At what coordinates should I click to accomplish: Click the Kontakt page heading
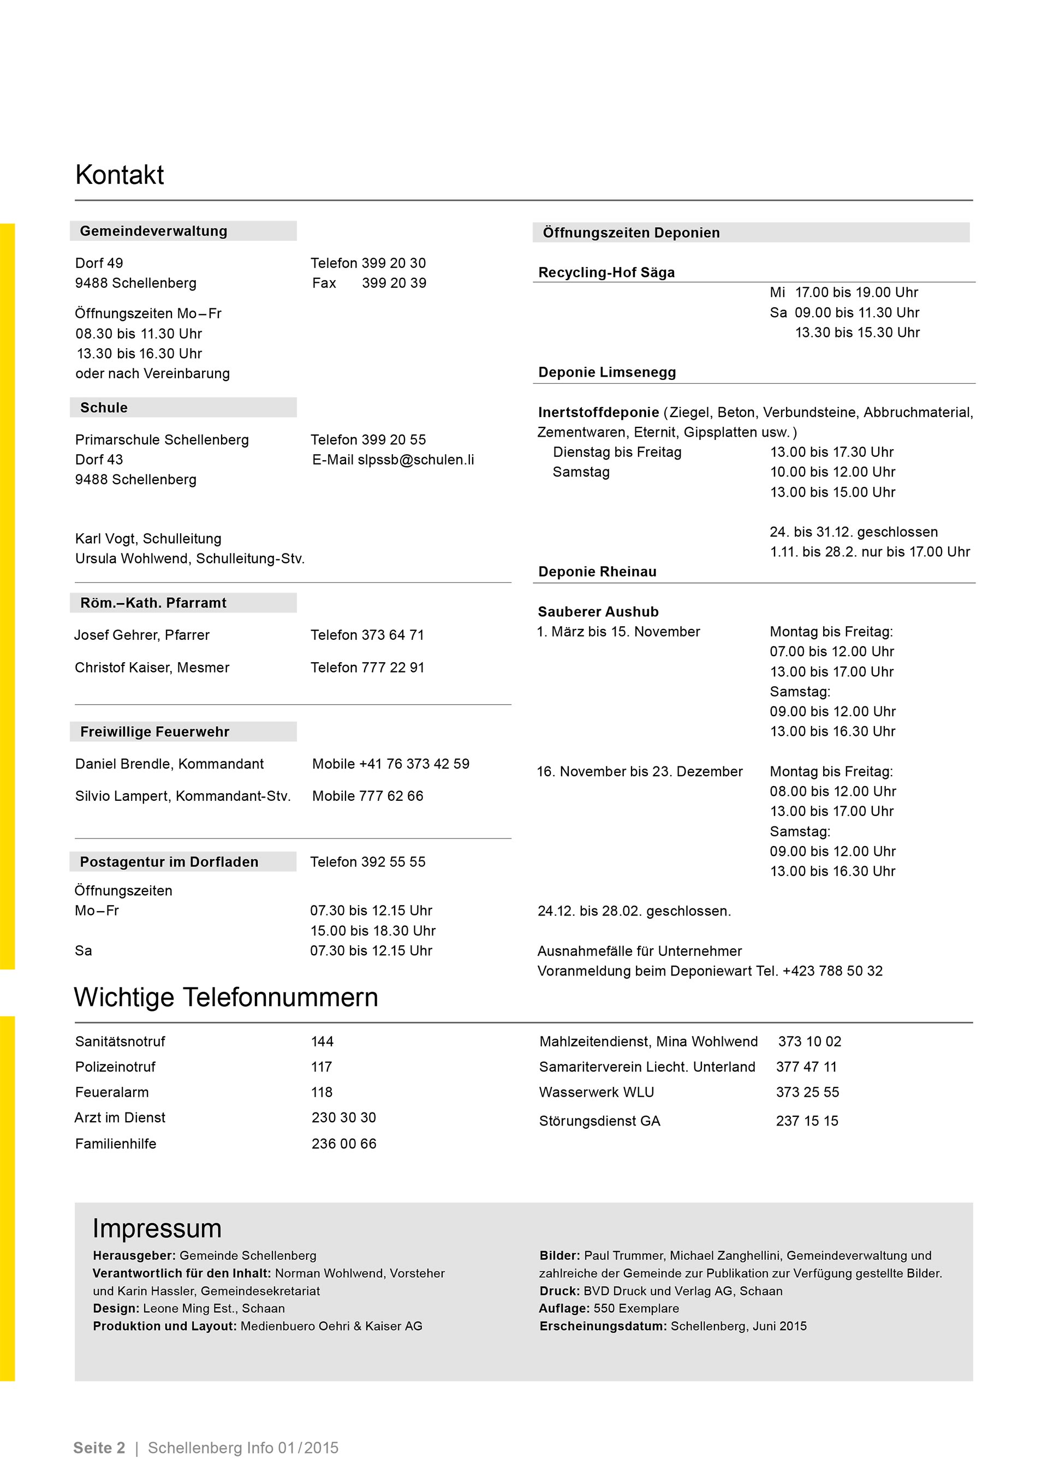(120, 175)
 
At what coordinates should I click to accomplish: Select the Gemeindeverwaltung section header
(153, 231)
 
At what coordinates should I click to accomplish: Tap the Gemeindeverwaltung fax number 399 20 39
(394, 283)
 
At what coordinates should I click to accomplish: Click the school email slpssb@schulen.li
(415, 460)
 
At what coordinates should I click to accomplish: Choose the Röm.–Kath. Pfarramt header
(153, 603)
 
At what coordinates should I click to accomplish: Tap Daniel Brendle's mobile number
(414, 764)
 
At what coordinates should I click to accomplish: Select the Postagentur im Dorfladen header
(169, 862)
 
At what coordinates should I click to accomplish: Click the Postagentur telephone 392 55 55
(393, 862)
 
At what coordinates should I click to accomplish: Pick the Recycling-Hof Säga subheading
(606, 272)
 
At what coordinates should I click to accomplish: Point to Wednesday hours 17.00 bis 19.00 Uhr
(856, 293)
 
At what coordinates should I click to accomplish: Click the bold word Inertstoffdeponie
(598, 413)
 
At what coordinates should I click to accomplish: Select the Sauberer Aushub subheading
(598, 612)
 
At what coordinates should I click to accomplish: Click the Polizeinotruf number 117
(321, 1067)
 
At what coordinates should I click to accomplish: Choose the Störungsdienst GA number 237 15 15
(807, 1121)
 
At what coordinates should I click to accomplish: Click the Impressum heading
(157, 1228)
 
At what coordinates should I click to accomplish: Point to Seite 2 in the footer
(99, 1448)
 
